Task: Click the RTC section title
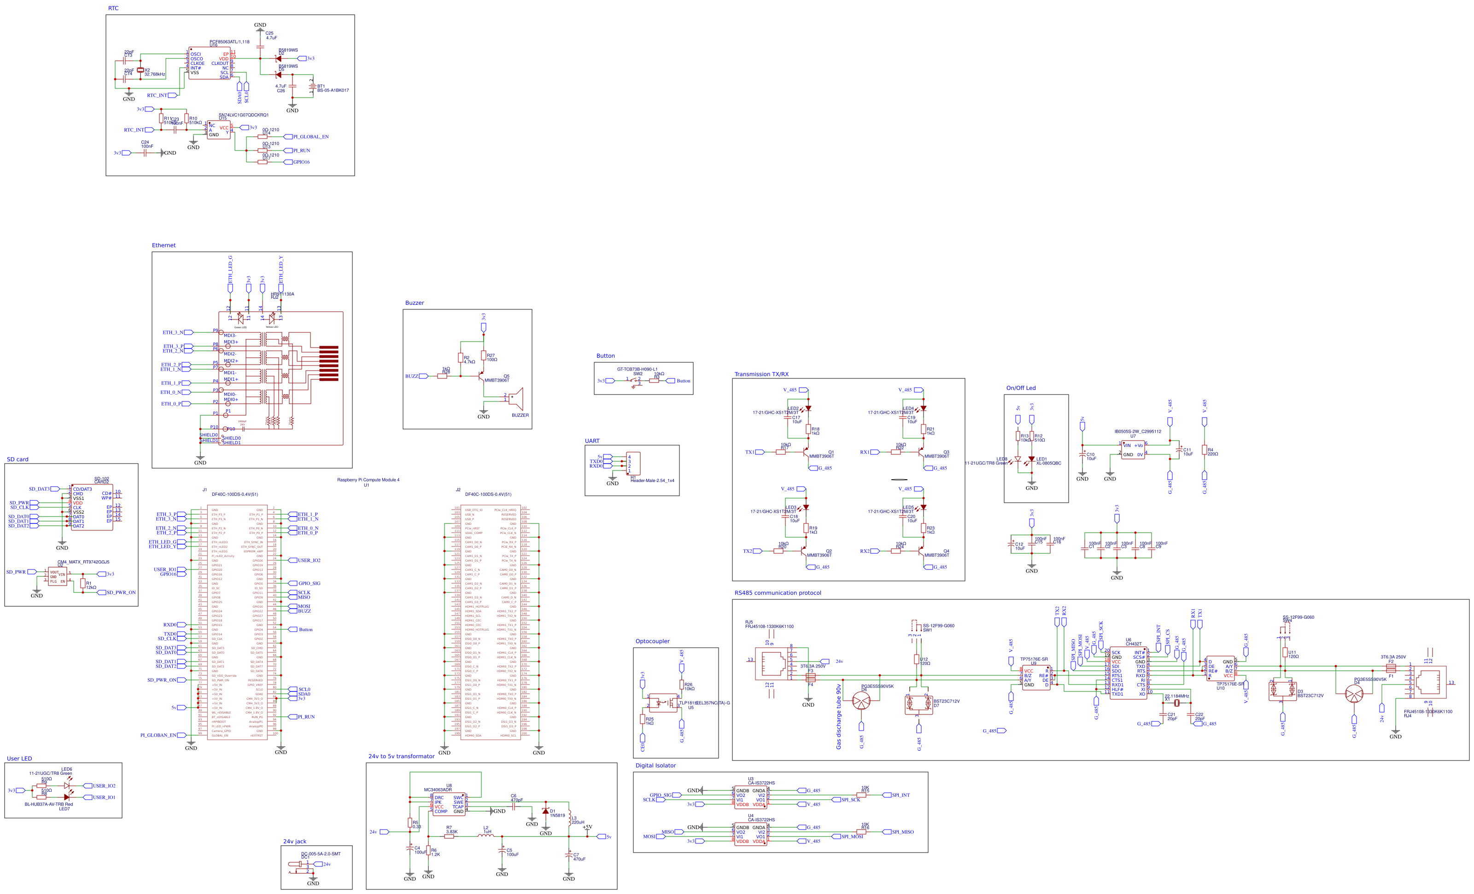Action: pyautogui.click(x=113, y=8)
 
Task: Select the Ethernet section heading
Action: pyautogui.click(x=164, y=245)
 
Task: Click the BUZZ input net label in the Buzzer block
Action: pyautogui.click(x=412, y=376)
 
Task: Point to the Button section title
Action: pyautogui.click(x=605, y=356)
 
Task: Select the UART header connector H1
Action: pyautogui.click(x=632, y=464)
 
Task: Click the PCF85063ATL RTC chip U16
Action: pyautogui.click(x=210, y=64)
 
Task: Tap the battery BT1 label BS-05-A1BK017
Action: pyautogui.click(x=333, y=90)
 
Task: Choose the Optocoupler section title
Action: pyautogui.click(x=652, y=641)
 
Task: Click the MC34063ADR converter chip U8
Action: pyautogui.click(x=449, y=804)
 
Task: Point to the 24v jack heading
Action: pyautogui.click(x=294, y=842)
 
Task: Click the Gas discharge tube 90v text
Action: pyautogui.click(x=838, y=717)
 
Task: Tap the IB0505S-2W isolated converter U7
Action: pyautogui.click(x=1132, y=450)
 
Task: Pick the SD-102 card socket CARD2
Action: pyautogui.click(x=92, y=507)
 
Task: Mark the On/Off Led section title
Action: pyautogui.click(x=1021, y=388)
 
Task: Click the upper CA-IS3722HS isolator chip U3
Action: pyautogui.click(x=750, y=798)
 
